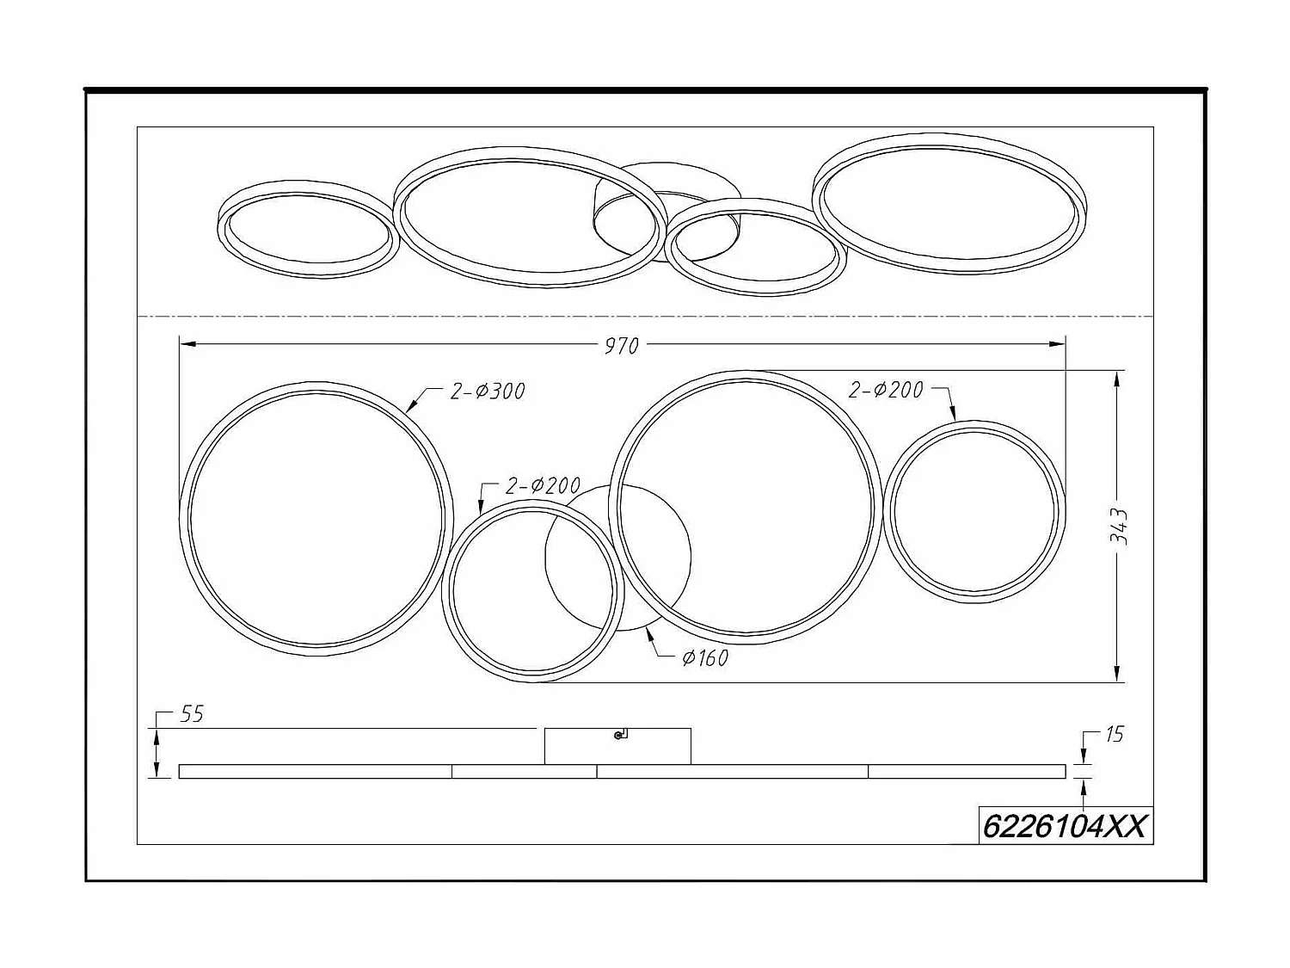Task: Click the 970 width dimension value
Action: click(621, 346)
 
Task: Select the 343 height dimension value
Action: click(1118, 526)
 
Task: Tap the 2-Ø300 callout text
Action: click(487, 392)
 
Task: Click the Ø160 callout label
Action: click(705, 658)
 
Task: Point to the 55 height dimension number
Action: click(191, 715)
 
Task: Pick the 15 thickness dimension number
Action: click(1114, 735)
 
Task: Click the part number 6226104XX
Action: click(1065, 827)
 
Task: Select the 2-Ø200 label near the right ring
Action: click(886, 390)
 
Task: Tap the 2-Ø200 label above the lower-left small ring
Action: click(543, 486)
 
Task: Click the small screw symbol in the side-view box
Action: click(619, 735)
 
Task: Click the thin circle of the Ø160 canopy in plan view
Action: click(691, 555)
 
